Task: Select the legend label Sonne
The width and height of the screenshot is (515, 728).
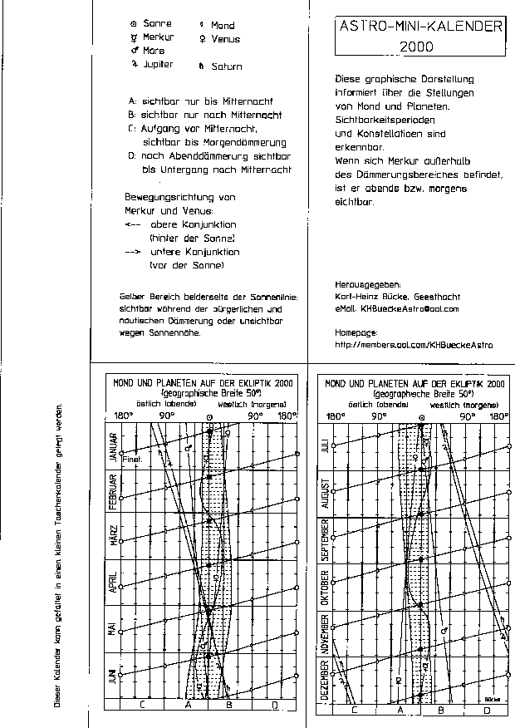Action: pyautogui.click(x=157, y=24)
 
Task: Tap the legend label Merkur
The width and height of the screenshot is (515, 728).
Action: pyautogui.click(x=158, y=37)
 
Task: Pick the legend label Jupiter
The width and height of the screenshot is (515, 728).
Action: pyautogui.click(x=158, y=64)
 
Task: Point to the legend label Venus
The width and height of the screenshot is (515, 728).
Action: pyautogui.click(x=225, y=39)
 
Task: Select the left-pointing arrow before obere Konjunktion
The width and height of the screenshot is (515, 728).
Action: pyautogui.click(x=133, y=224)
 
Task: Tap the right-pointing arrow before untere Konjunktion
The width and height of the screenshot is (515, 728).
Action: pyautogui.click(x=133, y=251)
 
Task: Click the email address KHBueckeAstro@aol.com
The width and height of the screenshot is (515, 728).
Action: pyautogui.click(x=409, y=309)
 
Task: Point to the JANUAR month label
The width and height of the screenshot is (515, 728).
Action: pyautogui.click(x=114, y=446)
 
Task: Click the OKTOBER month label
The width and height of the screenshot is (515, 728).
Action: pyautogui.click(x=326, y=588)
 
